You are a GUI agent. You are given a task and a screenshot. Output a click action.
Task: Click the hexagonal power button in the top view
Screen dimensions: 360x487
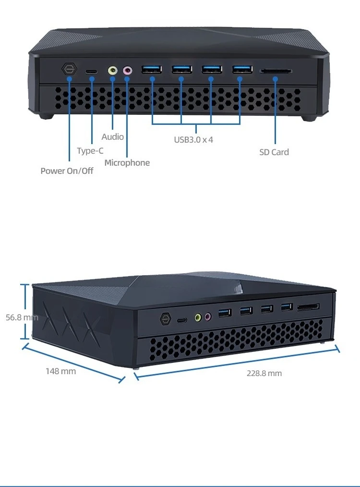point(69,69)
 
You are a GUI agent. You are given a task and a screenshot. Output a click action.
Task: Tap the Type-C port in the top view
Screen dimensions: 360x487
point(91,72)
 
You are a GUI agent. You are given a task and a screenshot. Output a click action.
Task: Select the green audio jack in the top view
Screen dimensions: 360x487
point(113,71)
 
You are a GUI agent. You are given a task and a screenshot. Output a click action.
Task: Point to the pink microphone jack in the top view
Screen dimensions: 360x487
point(127,71)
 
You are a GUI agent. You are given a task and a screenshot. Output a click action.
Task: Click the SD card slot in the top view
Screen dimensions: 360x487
point(276,71)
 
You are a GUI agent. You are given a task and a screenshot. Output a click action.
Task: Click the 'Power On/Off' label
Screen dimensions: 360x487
point(67,171)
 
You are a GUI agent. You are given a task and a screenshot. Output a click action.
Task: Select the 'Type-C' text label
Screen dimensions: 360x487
point(90,151)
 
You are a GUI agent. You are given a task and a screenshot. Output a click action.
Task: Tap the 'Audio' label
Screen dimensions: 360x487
point(113,137)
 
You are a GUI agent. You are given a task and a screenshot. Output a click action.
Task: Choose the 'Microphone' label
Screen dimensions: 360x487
point(127,163)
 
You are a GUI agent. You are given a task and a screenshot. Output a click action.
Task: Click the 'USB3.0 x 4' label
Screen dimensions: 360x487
point(193,140)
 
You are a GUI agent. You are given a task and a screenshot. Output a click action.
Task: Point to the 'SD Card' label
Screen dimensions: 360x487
point(274,152)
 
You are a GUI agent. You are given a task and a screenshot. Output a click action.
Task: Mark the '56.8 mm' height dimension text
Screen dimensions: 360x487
point(22,317)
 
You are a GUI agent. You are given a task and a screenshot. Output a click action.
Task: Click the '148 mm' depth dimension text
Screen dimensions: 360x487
point(61,371)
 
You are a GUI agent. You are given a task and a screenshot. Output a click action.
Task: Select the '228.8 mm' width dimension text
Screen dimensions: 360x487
point(264,373)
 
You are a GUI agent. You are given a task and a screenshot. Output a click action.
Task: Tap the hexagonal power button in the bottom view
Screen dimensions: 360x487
point(166,319)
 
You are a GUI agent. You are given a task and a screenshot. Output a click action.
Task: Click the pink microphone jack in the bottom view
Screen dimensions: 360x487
point(208,317)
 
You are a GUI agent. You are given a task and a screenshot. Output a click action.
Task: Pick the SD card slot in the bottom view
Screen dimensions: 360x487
point(308,307)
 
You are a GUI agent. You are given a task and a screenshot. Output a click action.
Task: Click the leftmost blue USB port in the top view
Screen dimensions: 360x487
point(152,69)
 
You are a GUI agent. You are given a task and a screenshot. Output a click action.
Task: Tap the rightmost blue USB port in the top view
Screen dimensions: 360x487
point(242,69)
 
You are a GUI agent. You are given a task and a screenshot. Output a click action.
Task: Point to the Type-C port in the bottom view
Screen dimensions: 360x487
point(182,320)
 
